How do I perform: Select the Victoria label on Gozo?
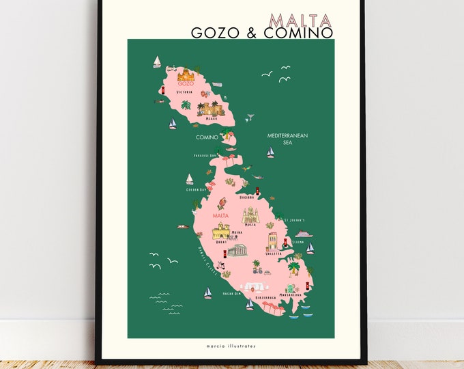pyautogui.click(x=185, y=92)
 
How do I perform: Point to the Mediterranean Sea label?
pyautogui.click(x=287, y=139)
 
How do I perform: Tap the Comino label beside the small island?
pyautogui.click(x=207, y=137)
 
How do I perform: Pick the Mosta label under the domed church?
pyautogui.click(x=252, y=224)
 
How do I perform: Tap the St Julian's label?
pyautogui.click(x=294, y=220)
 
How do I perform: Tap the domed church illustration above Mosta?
pyautogui.click(x=252, y=214)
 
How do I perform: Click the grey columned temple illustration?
pyautogui.click(x=237, y=251)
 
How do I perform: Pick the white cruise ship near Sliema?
pyautogui.click(x=304, y=233)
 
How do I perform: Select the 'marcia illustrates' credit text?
pyautogui.click(x=231, y=346)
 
